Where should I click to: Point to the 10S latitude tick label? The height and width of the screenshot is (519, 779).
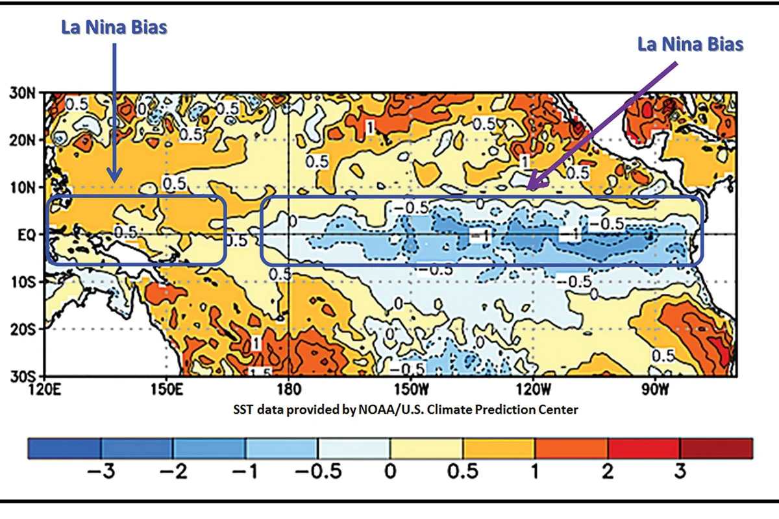point(25,282)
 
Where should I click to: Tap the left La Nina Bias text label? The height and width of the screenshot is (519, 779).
point(114,28)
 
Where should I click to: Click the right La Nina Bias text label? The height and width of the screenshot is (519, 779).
point(690,44)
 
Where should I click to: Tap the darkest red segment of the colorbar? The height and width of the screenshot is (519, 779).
point(716,448)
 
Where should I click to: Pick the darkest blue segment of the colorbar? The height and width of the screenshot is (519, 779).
point(64,448)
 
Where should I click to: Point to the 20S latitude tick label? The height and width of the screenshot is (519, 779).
point(25,329)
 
